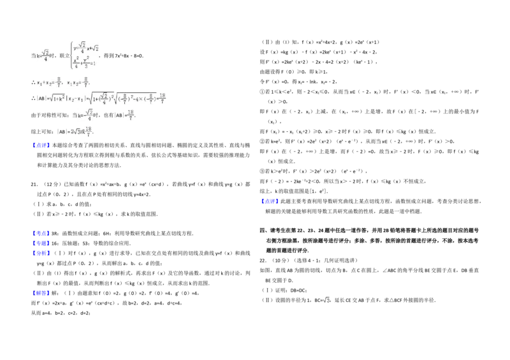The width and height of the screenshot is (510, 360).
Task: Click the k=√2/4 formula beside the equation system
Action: point(43,56)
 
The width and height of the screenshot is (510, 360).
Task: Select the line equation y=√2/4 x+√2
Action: point(85,48)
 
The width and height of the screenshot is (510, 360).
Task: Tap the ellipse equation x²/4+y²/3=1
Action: point(84,62)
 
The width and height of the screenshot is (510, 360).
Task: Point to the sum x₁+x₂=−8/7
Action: point(50,82)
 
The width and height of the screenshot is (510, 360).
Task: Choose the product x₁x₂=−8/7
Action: point(78,82)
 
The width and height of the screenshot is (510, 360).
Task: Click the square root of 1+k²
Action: point(57,98)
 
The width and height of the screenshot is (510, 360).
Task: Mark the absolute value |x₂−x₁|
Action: point(76,99)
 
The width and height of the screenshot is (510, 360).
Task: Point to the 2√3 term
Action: point(76,131)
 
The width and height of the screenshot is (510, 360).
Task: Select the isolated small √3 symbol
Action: point(326,300)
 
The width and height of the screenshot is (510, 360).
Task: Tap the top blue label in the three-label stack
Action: point(41,234)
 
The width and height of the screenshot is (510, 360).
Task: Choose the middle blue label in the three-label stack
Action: point(41,243)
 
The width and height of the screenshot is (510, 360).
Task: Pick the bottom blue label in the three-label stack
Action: point(41,254)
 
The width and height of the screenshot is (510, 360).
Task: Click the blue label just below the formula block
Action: point(41,145)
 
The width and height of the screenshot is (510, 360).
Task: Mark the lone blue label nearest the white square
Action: point(270,201)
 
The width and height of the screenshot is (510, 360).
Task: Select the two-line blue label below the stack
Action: point(41,294)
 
